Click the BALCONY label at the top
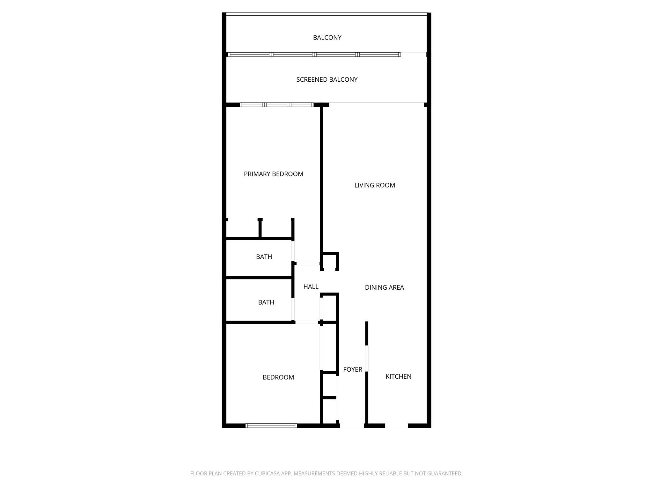(x=327, y=38)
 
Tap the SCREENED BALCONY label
(x=327, y=79)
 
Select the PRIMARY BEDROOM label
(x=273, y=174)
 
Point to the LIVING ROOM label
(x=375, y=185)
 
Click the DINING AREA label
(x=384, y=287)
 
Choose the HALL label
(x=311, y=287)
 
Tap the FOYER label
(x=353, y=369)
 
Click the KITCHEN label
(x=398, y=376)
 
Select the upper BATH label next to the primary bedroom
(x=264, y=257)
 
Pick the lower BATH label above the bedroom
(x=266, y=302)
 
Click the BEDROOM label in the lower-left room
(x=278, y=377)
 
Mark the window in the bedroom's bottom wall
(x=271, y=426)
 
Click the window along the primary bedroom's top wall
(x=277, y=105)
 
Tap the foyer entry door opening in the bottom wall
(x=352, y=426)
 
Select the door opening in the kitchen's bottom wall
(x=397, y=426)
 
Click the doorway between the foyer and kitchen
(x=367, y=358)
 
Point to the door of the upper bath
(x=293, y=251)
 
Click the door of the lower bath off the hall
(x=293, y=309)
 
